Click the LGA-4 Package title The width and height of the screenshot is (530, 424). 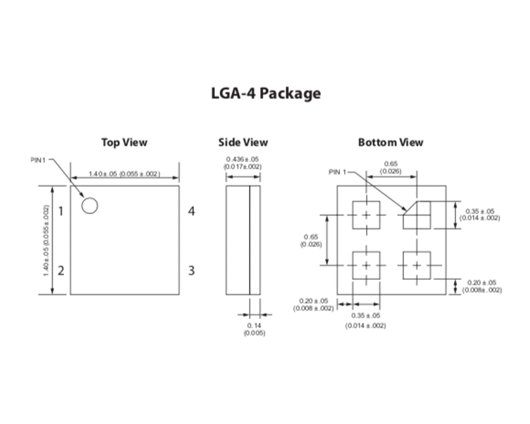point(266,93)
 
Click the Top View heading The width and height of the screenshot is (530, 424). point(124,142)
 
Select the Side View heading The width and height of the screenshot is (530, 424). point(243,142)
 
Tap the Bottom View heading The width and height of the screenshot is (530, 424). point(391,142)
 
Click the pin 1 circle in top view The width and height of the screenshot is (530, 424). point(90,206)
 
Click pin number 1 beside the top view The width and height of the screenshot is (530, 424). point(61,211)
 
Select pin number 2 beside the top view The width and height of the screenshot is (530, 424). point(61,271)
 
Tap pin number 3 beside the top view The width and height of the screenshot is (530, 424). point(191,271)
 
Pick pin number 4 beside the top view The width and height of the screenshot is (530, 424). point(191,211)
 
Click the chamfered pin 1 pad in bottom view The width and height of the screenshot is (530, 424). point(417,215)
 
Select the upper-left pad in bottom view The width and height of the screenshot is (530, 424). point(366,215)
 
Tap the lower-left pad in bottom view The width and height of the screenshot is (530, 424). point(366,265)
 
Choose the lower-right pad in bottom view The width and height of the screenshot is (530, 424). point(417,265)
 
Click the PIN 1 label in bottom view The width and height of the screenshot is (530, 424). point(337,172)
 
